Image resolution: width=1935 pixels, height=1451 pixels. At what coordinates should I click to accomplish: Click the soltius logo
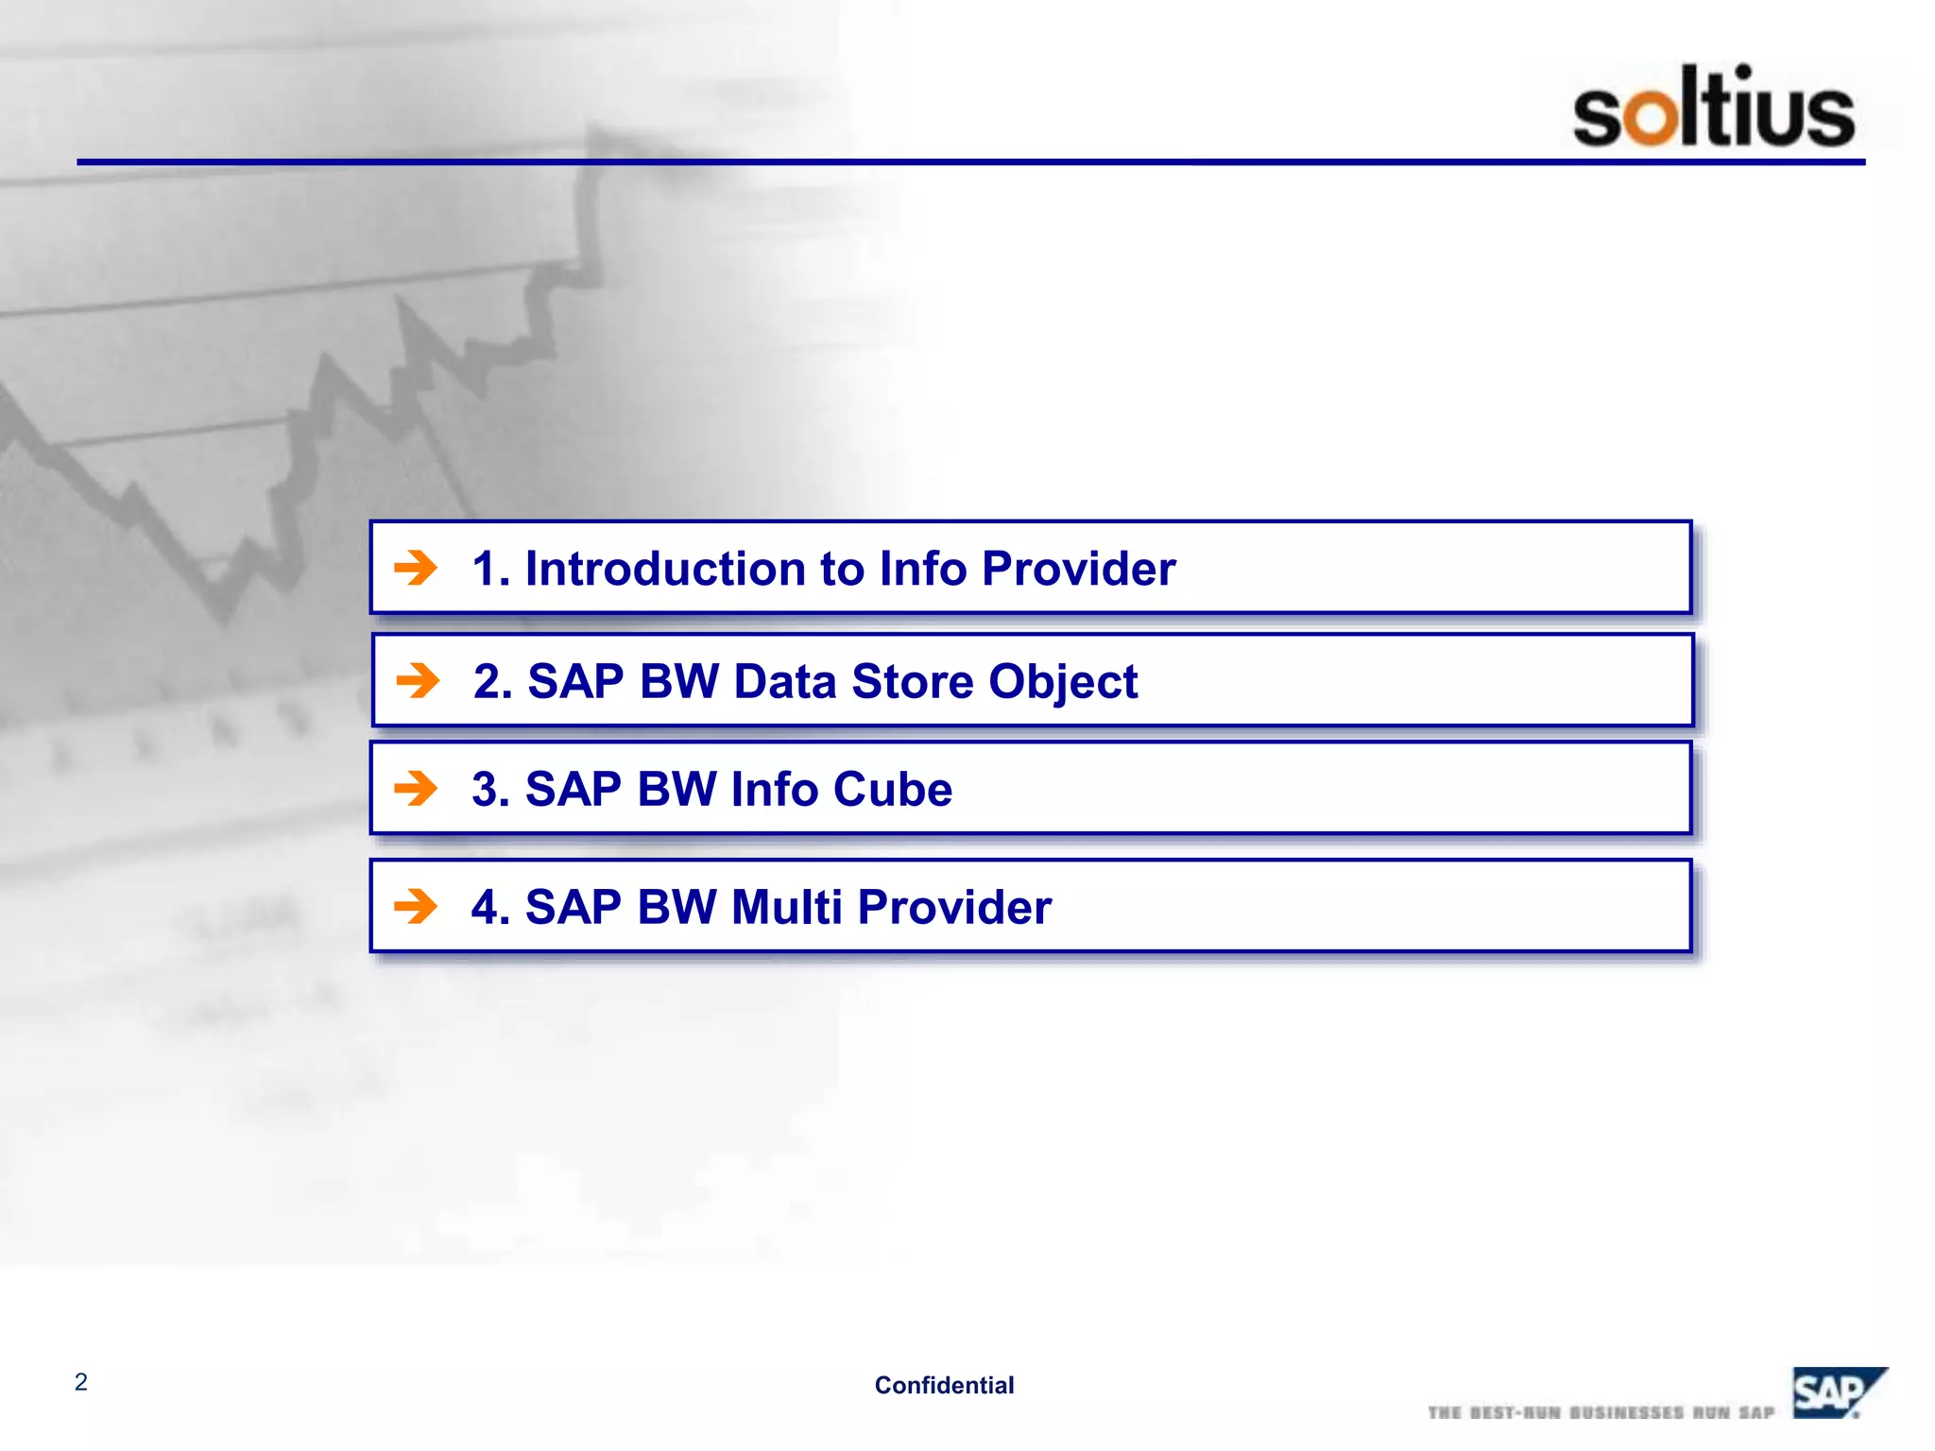(1713, 106)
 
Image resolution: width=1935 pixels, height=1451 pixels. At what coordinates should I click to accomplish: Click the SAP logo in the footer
(1840, 1391)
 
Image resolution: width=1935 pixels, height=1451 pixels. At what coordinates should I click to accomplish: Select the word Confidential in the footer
(944, 1385)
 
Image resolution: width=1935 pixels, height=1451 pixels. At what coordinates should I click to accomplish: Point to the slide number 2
(81, 1382)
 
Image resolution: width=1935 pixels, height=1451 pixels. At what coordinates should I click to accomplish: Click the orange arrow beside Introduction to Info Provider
(416, 568)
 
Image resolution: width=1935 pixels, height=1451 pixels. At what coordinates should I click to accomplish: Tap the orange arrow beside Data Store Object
(418, 680)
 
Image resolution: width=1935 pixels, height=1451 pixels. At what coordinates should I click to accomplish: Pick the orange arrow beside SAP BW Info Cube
(416, 788)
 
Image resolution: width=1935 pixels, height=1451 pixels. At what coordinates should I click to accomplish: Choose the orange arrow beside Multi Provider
(416, 906)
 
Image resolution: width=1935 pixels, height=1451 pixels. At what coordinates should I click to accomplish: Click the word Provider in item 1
(1079, 569)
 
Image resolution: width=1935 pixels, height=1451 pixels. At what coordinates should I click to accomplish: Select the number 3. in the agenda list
(491, 789)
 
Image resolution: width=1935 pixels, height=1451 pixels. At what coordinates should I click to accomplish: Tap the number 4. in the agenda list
(491, 907)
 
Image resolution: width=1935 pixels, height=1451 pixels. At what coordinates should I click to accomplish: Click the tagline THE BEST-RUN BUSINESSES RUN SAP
(1601, 1412)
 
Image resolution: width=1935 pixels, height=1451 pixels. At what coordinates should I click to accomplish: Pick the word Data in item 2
(785, 681)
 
